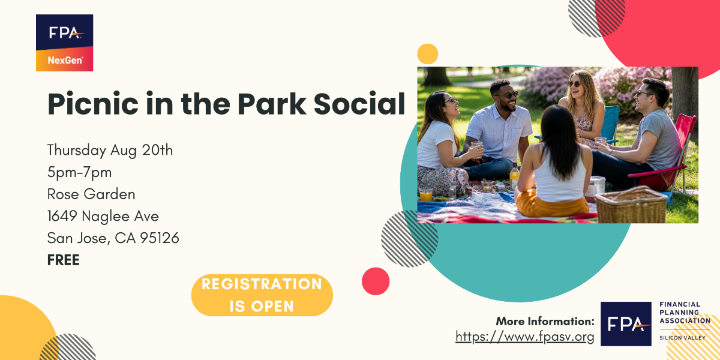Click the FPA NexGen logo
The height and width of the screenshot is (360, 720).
tap(65, 43)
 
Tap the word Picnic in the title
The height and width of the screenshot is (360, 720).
tap(93, 104)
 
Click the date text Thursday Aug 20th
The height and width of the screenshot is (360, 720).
tap(110, 151)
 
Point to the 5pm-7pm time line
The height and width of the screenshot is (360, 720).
tap(79, 172)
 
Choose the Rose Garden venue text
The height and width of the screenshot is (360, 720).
tap(91, 194)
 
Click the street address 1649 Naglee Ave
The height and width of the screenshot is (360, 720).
tap(103, 216)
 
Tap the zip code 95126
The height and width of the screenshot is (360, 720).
tap(160, 238)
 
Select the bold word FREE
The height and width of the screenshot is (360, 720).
tap(64, 260)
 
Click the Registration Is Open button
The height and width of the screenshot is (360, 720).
tap(262, 295)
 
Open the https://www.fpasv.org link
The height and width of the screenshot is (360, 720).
tap(524, 337)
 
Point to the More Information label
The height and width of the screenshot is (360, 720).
tap(545, 321)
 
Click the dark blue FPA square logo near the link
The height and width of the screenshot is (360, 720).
tap(626, 323)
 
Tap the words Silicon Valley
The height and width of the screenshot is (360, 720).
tap(682, 338)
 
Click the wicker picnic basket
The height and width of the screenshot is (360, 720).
tap(631, 205)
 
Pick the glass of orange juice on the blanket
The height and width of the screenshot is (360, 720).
tap(426, 194)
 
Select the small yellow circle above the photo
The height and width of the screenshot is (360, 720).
tap(427, 53)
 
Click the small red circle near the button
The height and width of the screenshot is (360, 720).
tap(376, 281)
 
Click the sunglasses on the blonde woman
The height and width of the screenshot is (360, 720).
tap(574, 84)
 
